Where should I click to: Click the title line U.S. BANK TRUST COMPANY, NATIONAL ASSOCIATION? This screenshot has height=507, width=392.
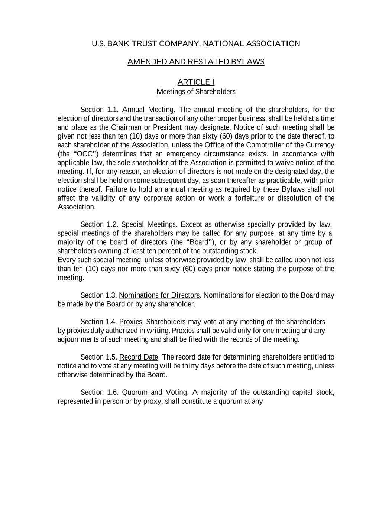[x=196, y=44]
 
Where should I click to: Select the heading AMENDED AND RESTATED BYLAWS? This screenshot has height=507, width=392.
[x=196, y=62]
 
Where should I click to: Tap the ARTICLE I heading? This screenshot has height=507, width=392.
[x=196, y=82]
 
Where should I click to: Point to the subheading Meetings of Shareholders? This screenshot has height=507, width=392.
[x=196, y=92]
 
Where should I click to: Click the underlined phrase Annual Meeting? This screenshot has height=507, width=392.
[x=148, y=110]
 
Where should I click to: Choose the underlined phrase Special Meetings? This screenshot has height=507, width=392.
[x=148, y=224]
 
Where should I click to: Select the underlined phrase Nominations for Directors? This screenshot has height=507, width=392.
[x=159, y=295]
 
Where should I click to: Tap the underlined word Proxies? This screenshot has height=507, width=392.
[x=130, y=322]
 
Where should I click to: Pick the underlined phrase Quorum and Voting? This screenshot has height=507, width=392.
[x=154, y=392]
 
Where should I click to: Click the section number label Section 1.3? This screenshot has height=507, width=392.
[x=98, y=295]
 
